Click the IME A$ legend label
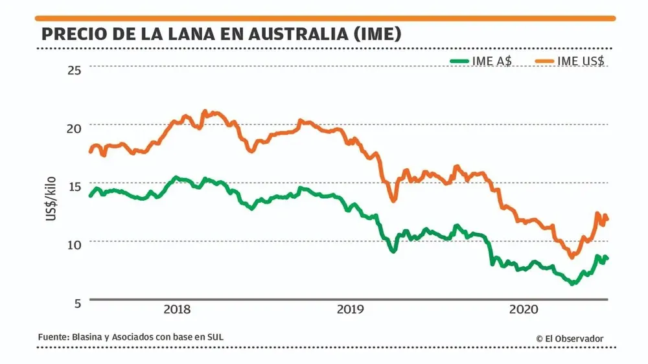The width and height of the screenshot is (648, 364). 492,61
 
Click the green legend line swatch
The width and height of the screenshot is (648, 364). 460,61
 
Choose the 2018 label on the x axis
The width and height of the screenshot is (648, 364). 177,310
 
